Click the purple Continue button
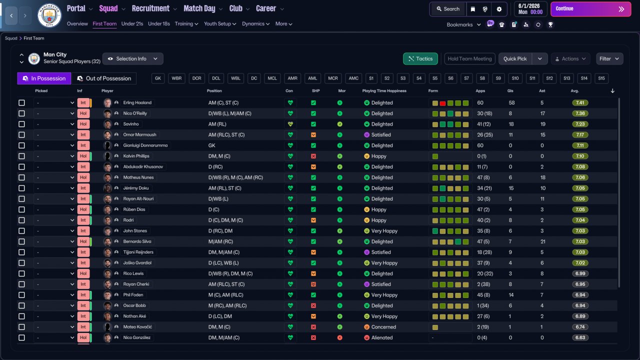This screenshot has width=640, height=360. (x=590, y=9)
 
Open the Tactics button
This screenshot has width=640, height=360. (x=420, y=58)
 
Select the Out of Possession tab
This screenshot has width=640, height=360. (x=103, y=78)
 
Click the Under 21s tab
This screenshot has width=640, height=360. (x=132, y=23)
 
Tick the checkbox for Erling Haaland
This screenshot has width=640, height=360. (x=21, y=102)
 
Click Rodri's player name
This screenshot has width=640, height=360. (x=128, y=220)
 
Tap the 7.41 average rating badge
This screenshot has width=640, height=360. (x=580, y=102)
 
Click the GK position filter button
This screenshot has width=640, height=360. (x=157, y=78)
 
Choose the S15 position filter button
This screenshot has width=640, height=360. (x=601, y=78)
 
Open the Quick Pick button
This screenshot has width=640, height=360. (x=515, y=58)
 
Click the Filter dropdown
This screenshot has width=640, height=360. (x=609, y=58)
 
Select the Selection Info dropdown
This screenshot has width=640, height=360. (x=133, y=58)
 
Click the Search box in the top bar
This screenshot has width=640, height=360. (x=448, y=9)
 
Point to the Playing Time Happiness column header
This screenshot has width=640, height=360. (x=384, y=91)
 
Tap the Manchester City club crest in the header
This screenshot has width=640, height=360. (x=49, y=15)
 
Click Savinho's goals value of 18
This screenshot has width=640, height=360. (x=511, y=124)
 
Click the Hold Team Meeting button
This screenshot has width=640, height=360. (x=469, y=58)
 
